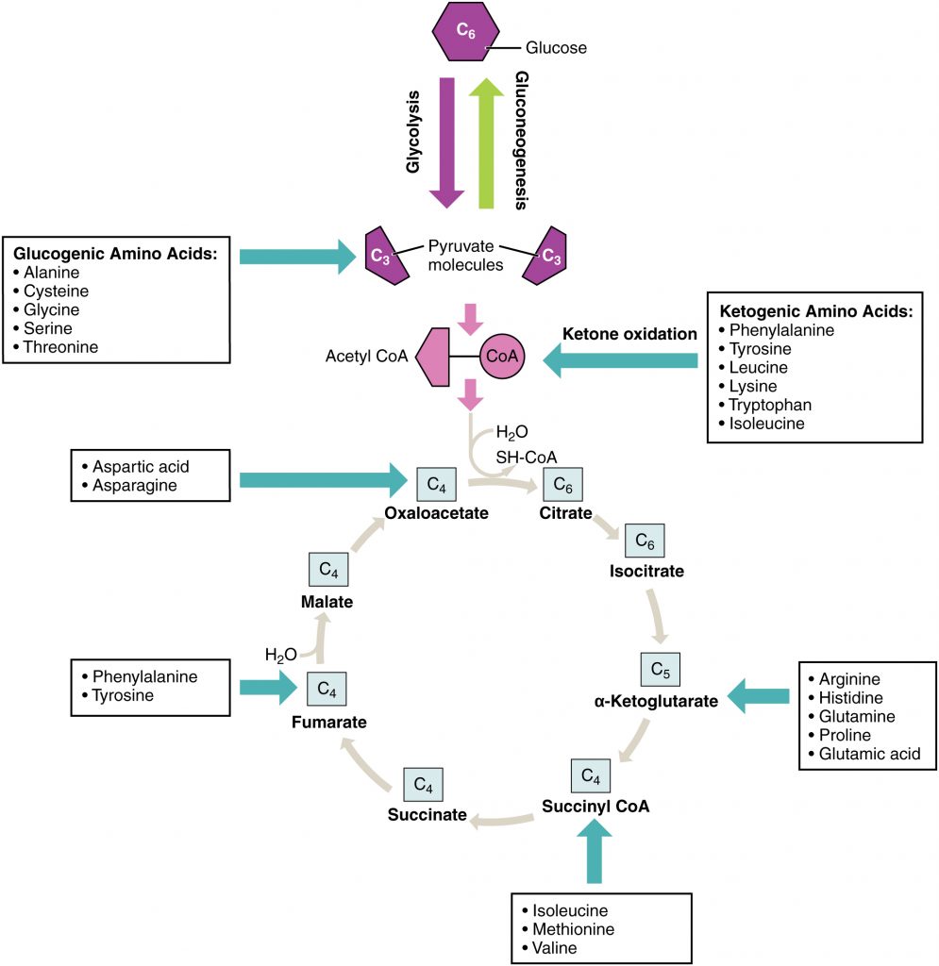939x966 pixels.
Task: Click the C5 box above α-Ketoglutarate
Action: click(660, 670)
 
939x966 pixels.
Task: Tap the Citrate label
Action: click(565, 513)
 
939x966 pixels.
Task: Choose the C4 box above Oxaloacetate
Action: click(436, 485)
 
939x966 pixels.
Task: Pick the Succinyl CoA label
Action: click(595, 807)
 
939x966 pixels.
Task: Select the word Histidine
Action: click(850, 697)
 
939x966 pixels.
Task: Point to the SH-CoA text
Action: click(519, 457)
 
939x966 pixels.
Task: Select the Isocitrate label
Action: click(646, 571)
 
